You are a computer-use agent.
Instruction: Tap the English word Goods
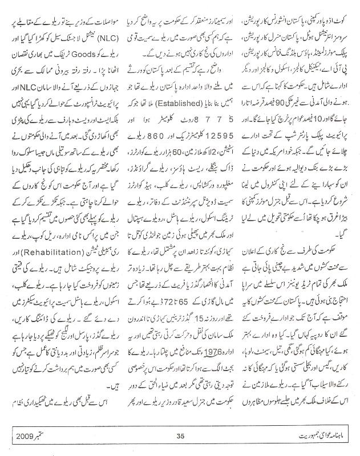coord(74,55)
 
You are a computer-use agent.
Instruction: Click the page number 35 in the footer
coord(180,438)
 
